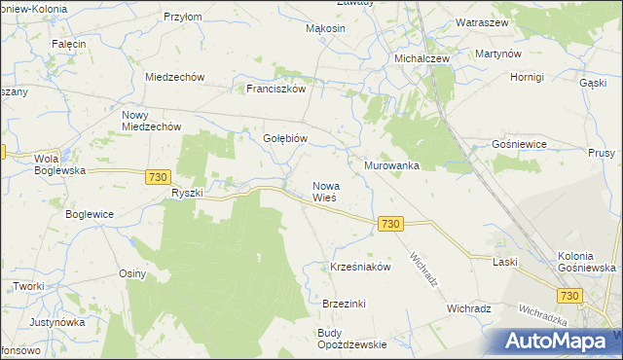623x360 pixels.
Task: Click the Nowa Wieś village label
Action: (x=324, y=192)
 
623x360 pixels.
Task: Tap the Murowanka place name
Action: (x=391, y=165)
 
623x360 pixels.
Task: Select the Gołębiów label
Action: (x=286, y=138)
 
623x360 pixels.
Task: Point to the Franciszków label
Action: (x=276, y=88)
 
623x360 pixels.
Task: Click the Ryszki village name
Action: (x=186, y=193)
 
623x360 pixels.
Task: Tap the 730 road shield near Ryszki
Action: (x=160, y=176)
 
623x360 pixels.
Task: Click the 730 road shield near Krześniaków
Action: (x=390, y=224)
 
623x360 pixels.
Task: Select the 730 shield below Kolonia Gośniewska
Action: (x=570, y=295)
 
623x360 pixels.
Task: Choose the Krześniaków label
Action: (x=360, y=267)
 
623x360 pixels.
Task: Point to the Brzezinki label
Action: (x=344, y=304)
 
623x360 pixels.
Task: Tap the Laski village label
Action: (x=504, y=262)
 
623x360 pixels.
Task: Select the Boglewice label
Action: (x=90, y=214)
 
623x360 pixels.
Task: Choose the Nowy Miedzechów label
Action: (x=151, y=120)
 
